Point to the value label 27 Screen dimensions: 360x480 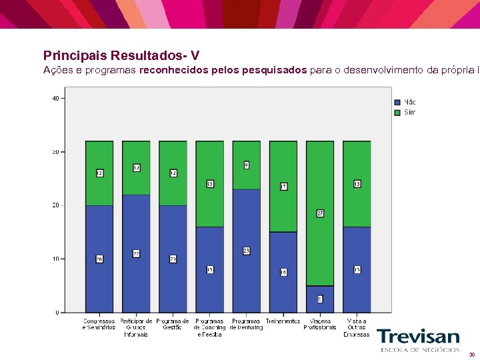click(x=320, y=213)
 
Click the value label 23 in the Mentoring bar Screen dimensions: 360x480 click(x=246, y=251)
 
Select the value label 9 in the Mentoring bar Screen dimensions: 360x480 click(x=246, y=165)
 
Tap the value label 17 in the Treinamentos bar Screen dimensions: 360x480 click(x=283, y=187)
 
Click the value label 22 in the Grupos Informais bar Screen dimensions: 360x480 click(x=136, y=254)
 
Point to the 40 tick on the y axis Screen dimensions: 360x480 click(x=55, y=98)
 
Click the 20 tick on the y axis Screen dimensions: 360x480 click(x=55, y=205)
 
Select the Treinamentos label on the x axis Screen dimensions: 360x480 click(x=283, y=321)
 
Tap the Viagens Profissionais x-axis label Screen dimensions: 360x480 click(x=320, y=324)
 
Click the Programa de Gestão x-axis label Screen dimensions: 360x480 click(x=173, y=324)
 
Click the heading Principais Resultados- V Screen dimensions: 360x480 click(x=121, y=55)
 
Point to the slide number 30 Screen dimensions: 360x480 click(x=471, y=355)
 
